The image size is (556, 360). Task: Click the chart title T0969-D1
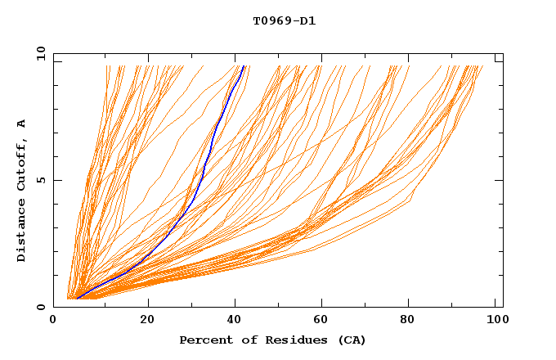(x=284, y=20)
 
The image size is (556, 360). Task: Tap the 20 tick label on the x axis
(x=147, y=321)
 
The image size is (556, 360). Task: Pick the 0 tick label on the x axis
(x=54, y=321)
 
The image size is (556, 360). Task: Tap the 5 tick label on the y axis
(x=39, y=180)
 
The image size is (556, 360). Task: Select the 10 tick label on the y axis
(x=39, y=53)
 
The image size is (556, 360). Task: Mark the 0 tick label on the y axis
(x=39, y=307)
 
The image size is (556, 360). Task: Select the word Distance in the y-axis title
(x=21, y=232)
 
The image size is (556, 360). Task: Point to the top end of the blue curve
(x=244, y=66)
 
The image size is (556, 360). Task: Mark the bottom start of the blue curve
(x=77, y=298)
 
